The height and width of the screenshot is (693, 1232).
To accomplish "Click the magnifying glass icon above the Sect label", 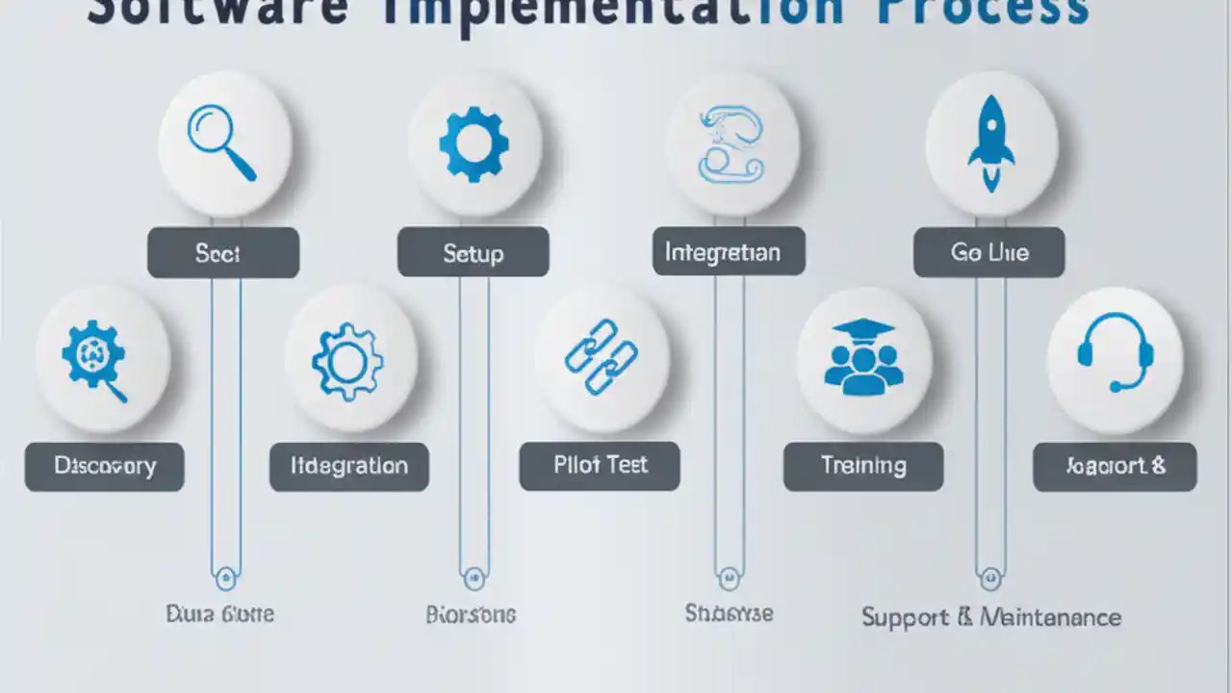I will click(222, 143).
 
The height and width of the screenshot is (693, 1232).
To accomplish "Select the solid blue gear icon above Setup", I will click(474, 143).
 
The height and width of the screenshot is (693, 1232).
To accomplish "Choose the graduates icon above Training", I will click(863, 356).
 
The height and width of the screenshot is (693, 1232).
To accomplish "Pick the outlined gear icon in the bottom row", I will click(347, 361).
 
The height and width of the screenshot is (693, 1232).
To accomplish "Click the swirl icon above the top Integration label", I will click(731, 144).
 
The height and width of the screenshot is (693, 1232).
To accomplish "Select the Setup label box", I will click(474, 253).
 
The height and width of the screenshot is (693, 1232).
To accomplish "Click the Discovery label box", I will click(104, 467).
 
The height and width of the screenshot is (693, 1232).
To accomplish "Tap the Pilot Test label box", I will click(600, 466).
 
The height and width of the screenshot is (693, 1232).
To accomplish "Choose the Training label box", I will click(863, 466).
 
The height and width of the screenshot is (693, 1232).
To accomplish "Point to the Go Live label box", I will click(989, 253).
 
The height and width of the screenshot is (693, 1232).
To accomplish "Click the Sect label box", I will click(223, 253).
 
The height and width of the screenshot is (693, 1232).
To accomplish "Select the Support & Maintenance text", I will click(991, 617).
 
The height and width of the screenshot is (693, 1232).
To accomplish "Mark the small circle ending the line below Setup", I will click(474, 578).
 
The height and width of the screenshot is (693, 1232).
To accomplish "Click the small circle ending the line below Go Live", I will click(990, 578).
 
